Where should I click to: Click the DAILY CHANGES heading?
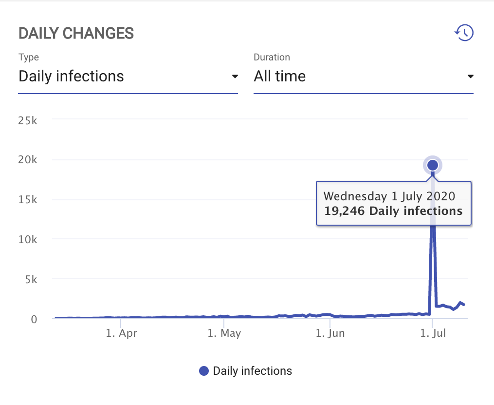point(76,33)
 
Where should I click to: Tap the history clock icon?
point(464,33)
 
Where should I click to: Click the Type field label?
point(29,57)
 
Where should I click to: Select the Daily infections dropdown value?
point(71,77)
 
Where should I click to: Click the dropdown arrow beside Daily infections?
point(235,77)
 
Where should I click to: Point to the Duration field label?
point(272,57)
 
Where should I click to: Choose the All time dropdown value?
point(280,77)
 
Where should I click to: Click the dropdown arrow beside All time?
point(470,77)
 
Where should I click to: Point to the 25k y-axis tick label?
point(27,120)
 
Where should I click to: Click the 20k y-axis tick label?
point(27,160)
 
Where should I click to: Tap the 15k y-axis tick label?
point(27,200)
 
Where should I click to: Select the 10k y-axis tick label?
point(27,239)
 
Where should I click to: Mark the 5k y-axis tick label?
point(30,279)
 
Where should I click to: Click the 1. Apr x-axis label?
point(121,333)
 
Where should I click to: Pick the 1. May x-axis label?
point(224,333)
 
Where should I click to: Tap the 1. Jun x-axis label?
point(330,333)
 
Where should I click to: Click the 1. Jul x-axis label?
point(433,333)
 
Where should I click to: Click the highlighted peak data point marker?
point(433,166)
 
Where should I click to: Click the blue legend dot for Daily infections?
point(204,371)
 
